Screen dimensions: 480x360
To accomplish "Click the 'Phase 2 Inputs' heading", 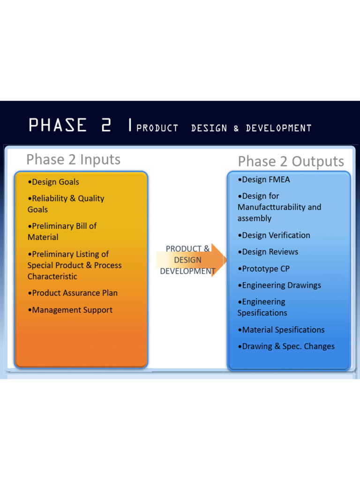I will (73, 159).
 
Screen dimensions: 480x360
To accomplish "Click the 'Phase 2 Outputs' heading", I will (291, 161).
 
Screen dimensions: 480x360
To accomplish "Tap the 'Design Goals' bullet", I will (53, 182).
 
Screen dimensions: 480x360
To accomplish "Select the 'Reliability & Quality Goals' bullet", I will (66, 204).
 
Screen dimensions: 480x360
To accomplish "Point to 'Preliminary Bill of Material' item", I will (62, 232).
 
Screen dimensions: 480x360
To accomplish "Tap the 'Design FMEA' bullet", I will (264, 180).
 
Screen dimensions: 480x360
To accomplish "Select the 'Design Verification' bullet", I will (274, 235).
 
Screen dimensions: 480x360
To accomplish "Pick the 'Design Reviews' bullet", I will (268, 252).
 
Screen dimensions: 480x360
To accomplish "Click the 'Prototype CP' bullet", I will (263, 269).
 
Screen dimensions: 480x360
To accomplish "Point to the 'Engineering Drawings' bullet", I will (279, 285).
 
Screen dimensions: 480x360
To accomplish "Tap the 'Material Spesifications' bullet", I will (281, 330).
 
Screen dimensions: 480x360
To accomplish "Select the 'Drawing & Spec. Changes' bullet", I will (286, 346).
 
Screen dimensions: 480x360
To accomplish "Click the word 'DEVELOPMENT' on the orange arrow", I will (187, 271).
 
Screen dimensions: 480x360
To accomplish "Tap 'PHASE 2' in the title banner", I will (70, 126).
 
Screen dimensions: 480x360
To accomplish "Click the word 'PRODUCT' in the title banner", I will (157, 128).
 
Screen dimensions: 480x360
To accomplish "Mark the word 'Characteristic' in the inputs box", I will (52, 277).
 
